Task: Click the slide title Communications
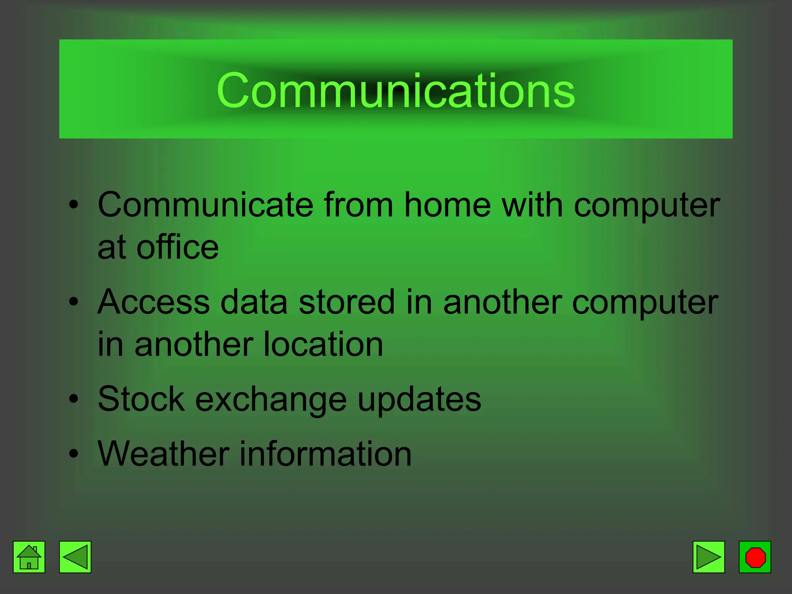396,91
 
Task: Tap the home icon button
29,557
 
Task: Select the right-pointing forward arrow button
708,557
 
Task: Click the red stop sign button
755,557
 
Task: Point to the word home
447,205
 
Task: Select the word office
178,247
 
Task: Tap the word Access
154,302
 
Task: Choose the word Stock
141,399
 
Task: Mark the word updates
420,399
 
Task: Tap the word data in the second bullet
254,302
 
